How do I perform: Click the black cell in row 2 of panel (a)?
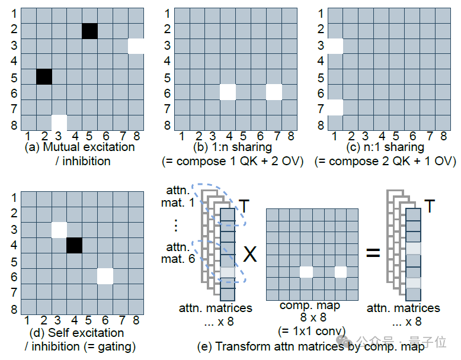tap(89, 31)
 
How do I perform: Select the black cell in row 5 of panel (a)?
tap(44, 77)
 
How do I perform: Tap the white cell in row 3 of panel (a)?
tap(136, 46)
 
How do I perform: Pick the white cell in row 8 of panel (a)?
tap(59, 123)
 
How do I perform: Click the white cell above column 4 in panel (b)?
tap(228, 92)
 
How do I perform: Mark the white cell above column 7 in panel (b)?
tap(274, 92)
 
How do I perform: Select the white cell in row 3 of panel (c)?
tap(335, 46)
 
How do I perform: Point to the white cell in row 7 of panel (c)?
tap(335, 108)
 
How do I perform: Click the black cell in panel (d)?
tap(75, 245)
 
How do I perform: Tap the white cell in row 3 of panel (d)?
tap(59, 230)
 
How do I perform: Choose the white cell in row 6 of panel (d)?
tap(105, 277)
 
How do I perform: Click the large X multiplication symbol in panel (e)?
tap(250, 254)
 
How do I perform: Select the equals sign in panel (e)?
tap(373, 253)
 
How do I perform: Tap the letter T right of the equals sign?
tap(430, 205)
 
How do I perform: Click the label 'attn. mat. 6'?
tap(178, 253)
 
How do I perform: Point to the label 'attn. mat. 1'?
tap(178, 197)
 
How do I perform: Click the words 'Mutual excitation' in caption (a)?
tap(89, 147)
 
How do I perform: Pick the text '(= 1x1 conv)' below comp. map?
tap(312, 332)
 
